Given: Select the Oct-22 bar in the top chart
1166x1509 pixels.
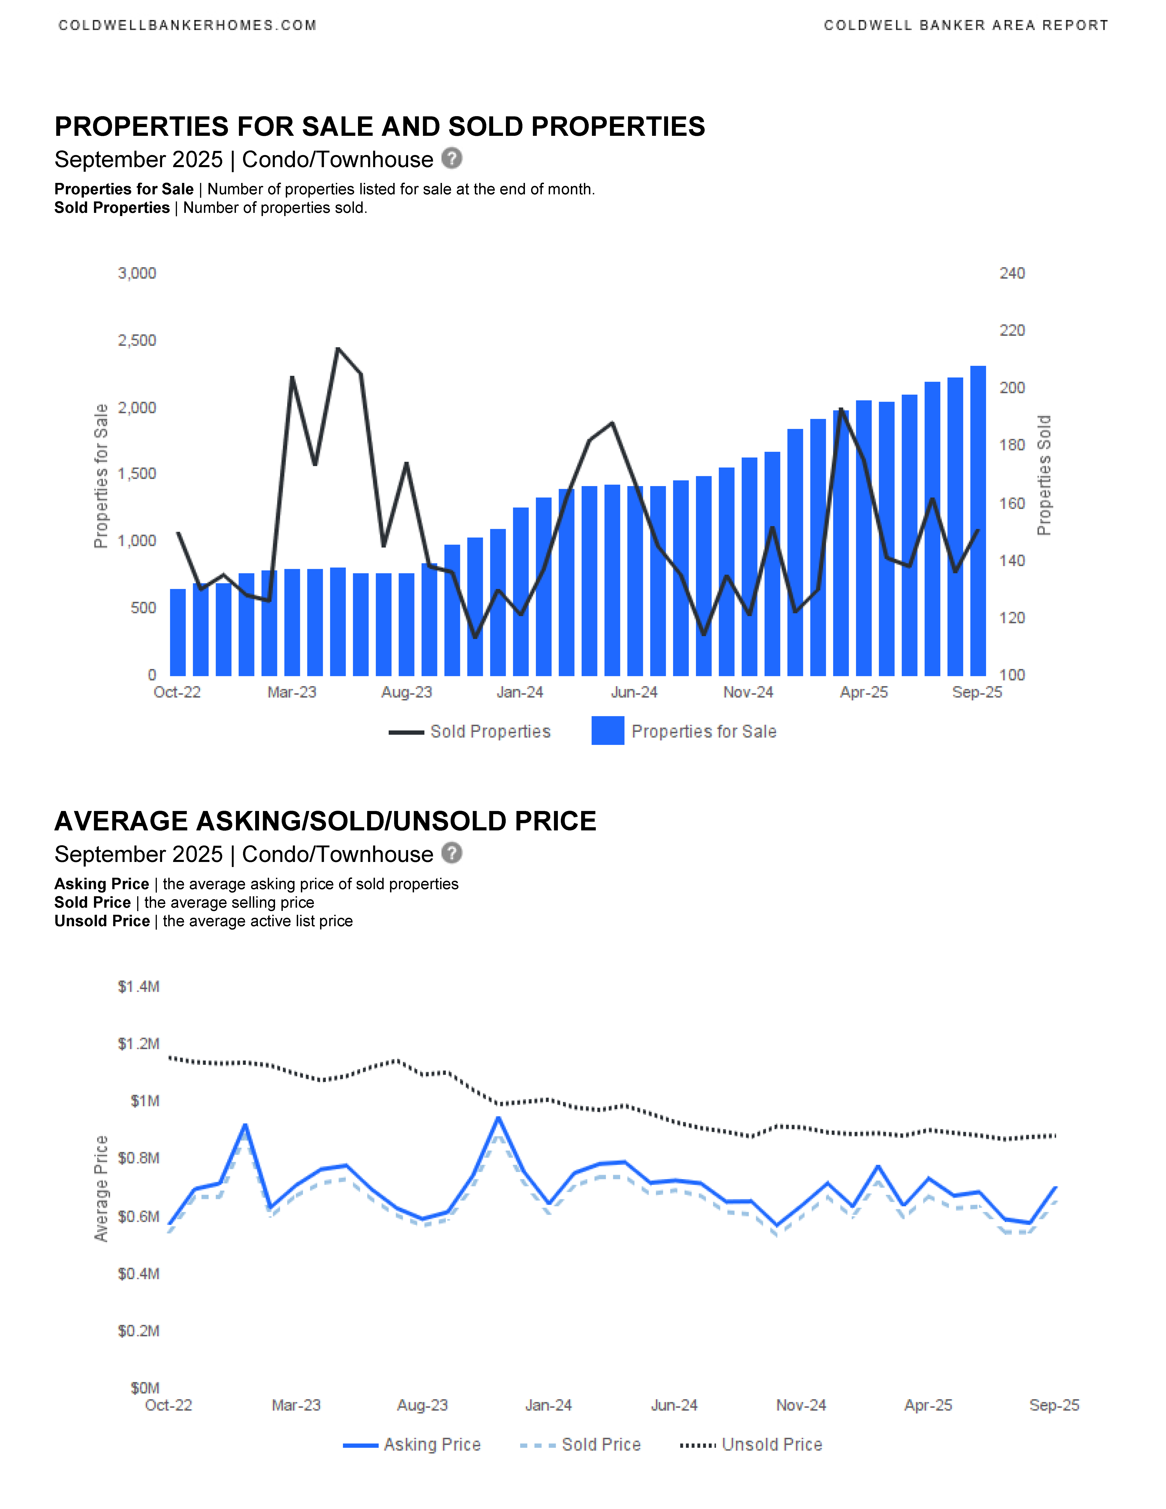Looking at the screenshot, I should [x=177, y=632].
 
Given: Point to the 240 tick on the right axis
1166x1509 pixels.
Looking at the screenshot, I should [x=1012, y=274].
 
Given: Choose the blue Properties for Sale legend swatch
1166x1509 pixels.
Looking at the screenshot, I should [x=607, y=731].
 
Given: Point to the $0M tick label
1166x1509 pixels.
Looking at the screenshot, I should [x=145, y=1388].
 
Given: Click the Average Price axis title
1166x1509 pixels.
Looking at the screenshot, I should [x=101, y=1188].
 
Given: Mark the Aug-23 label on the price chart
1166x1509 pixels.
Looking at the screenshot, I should [x=422, y=1405].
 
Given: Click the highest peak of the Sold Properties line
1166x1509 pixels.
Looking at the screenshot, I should [x=338, y=349].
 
